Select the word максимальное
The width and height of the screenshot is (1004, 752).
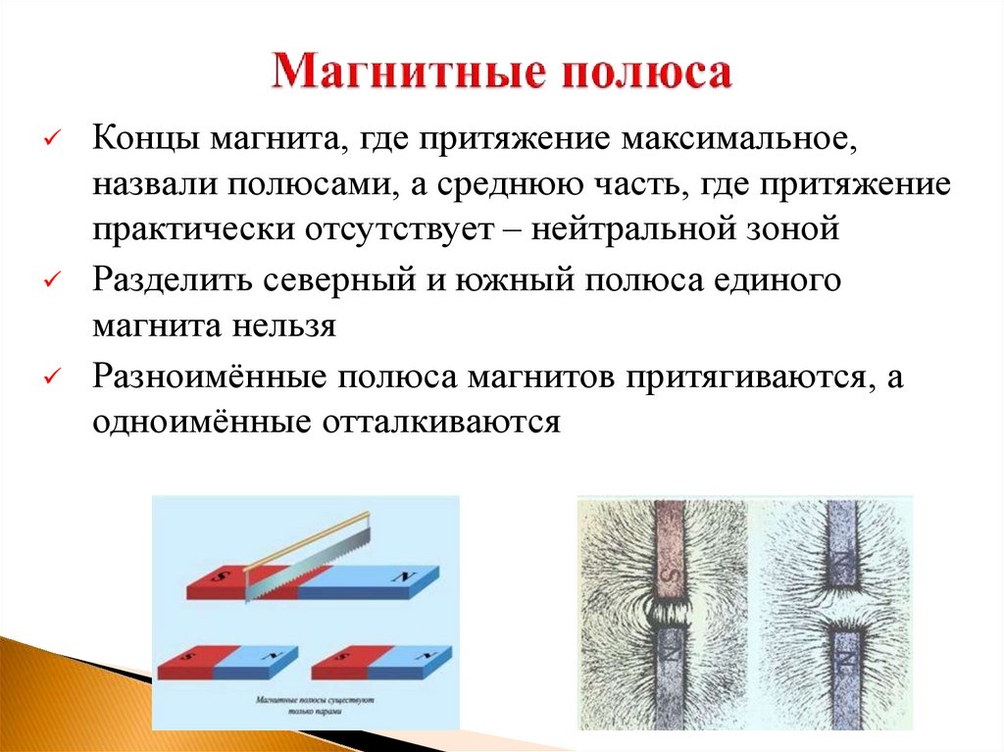point(738,139)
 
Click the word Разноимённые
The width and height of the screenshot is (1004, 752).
point(209,376)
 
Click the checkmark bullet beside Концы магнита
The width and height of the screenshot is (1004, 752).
point(53,140)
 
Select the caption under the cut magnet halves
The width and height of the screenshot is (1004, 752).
point(308,708)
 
